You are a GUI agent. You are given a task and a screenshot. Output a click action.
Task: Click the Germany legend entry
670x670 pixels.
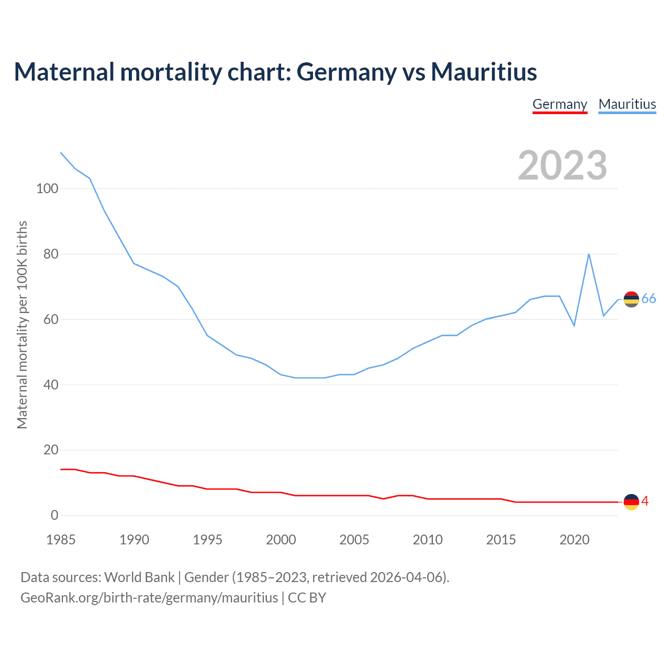[560, 104]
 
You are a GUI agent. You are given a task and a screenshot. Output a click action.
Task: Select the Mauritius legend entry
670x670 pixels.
[627, 104]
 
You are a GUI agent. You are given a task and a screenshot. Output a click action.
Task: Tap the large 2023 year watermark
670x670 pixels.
[562, 165]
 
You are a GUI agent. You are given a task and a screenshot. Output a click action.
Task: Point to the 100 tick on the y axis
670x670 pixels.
[47, 188]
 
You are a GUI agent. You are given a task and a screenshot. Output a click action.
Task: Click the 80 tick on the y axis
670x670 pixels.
[50, 254]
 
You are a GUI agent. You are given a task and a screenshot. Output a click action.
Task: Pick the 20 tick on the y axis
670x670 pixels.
[50, 450]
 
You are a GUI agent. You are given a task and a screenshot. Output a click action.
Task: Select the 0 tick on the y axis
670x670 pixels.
[54, 515]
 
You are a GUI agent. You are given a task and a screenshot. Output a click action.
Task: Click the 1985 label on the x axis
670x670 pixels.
[61, 540]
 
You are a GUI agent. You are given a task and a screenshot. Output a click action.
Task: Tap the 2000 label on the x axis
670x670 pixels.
[281, 540]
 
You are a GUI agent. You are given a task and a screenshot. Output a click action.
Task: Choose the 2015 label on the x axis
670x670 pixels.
[501, 540]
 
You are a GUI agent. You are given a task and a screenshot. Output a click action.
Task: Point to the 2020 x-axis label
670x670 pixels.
[574, 540]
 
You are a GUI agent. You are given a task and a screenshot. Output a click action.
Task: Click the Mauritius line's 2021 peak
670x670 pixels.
[589, 254]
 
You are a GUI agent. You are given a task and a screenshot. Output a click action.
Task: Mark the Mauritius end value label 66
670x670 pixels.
[649, 299]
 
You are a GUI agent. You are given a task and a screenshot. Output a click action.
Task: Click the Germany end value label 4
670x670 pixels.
[645, 501]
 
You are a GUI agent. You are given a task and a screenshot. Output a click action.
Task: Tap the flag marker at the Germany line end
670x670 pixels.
[631, 502]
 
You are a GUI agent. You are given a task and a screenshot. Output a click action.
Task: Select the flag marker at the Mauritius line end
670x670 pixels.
[631, 299]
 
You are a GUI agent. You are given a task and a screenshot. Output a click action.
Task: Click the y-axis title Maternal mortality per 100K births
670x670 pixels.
[22, 325]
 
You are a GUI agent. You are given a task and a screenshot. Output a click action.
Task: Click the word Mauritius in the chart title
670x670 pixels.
[484, 72]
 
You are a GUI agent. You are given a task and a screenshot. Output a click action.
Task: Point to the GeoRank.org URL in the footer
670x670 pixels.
[149, 598]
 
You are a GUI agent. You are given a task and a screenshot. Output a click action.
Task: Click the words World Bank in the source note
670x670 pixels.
[139, 577]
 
